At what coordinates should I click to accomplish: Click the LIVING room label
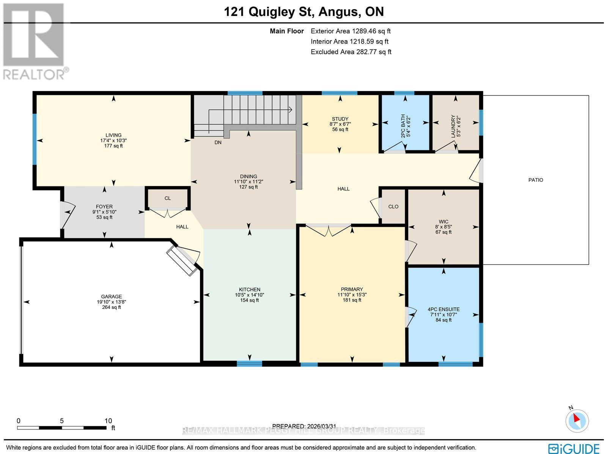coord(113,135)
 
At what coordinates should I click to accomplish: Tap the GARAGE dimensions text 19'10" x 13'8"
coord(111,302)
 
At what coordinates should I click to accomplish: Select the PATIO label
coord(536,180)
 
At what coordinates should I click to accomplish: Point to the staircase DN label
coord(218,142)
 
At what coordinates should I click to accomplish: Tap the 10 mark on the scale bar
coord(109,421)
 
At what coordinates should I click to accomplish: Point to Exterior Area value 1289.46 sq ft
coord(371,31)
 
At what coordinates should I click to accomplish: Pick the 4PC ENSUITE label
coord(443,309)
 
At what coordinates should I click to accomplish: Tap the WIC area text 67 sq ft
coord(443,232)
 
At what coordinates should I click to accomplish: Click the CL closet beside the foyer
coord(168,198)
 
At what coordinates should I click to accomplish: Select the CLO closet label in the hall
coord(393,207)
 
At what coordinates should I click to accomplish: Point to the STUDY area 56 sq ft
coord(340,130)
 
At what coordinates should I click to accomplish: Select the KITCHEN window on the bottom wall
coord(249,364)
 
